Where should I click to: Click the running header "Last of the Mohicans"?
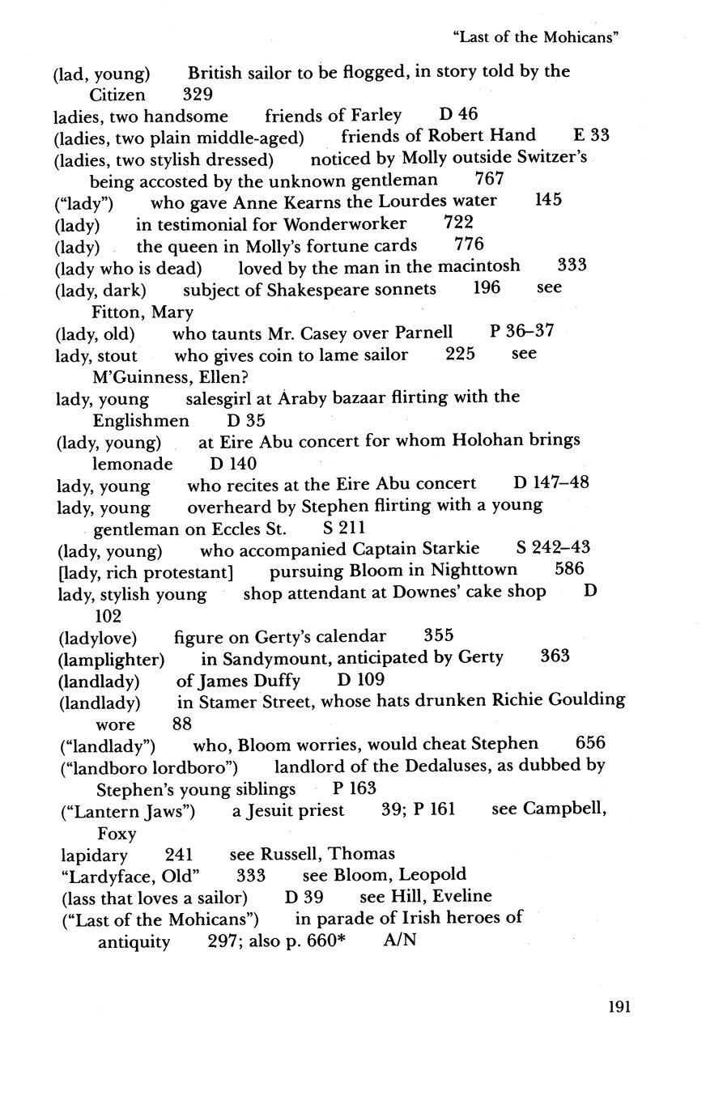[542, 37]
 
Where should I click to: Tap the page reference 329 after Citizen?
[198, 94]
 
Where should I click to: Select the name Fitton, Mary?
[142, 312]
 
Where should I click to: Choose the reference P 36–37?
[522, 332]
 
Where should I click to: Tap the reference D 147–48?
[551, 483]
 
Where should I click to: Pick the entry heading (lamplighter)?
[113, 660]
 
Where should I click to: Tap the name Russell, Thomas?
[329, 853]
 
